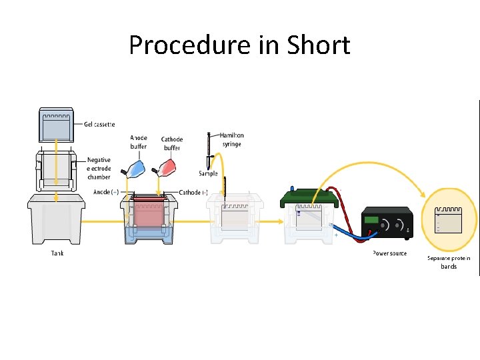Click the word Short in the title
click(x=319, y=46)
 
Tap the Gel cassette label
click(x=99, y=124)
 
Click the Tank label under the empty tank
click(x=58, y=253)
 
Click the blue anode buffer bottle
click(x=136, y=168)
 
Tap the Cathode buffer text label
click(x=172, y=143)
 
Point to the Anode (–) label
click(x=107, y=192)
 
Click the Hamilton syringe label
click(x=231, y=139)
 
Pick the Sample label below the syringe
click(x=209, y=173)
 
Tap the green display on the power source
click(x=371, y=220)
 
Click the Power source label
click(x=389, y=253)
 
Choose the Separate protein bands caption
click(x=449, y=262)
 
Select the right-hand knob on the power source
click(x=402, y=225)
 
